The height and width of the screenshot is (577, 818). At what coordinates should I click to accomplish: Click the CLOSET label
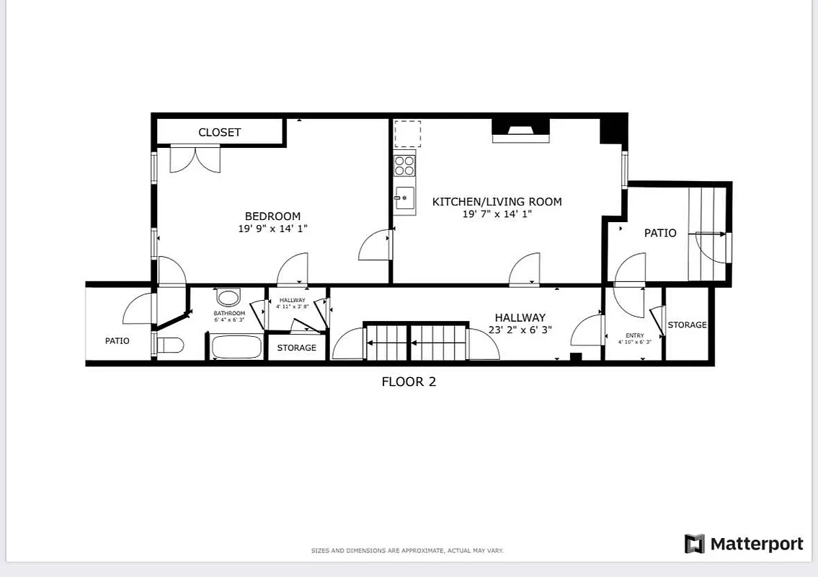point(220,132)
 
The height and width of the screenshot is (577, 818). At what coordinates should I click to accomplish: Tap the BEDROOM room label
point(272,216)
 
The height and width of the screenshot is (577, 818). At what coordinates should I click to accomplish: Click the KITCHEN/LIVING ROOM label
point(497,202)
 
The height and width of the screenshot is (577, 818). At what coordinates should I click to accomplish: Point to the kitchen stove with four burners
point(404,165)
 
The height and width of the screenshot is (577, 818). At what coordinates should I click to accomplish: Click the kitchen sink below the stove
point(404,198)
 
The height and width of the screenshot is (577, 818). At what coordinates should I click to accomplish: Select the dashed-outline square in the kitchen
point(407,133)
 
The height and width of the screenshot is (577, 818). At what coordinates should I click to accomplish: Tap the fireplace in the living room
point(520,131)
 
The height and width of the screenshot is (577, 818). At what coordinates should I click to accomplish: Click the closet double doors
point(195,159)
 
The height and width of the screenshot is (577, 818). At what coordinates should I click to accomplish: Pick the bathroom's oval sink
point(229,299)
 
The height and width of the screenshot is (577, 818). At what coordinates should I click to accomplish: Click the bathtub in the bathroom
point(236,347)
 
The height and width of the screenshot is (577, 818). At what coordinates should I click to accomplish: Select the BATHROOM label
point(229,314)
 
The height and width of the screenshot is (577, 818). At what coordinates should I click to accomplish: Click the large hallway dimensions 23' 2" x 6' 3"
point(520,330)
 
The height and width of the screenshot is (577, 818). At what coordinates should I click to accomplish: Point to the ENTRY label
point(634,335)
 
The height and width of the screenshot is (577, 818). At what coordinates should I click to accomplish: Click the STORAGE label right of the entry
point(687,325)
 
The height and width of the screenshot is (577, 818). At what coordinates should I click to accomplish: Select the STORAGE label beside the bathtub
point(296,348)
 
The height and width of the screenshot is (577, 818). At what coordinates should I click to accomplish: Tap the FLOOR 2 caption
point(409,382)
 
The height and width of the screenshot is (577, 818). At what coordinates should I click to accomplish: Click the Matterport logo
point(744,544)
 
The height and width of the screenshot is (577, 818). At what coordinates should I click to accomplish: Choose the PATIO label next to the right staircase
point(660,233)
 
